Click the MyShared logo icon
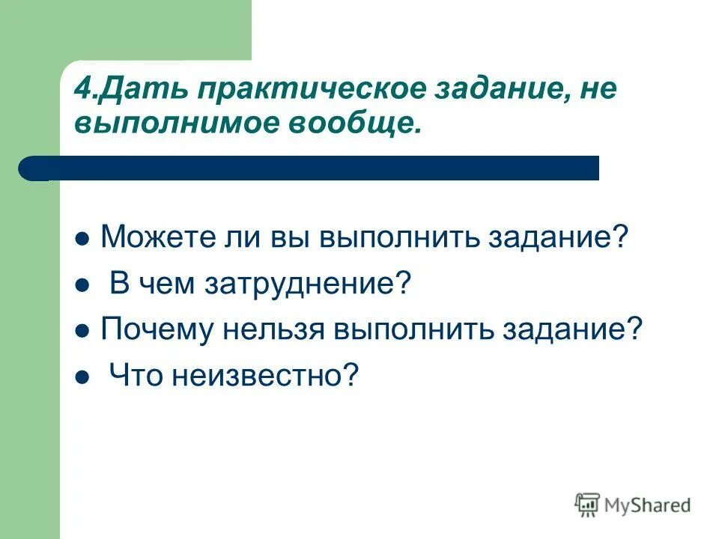point(587,505)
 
